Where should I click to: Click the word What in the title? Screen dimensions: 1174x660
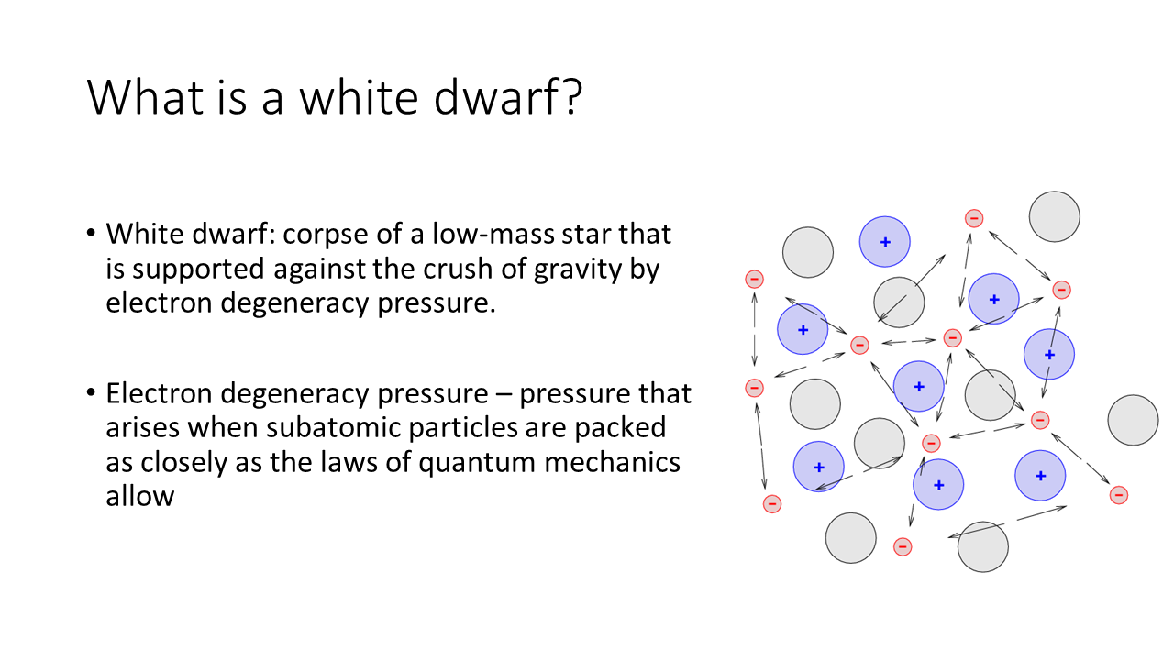tap(145, 97)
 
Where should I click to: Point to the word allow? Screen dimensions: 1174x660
tap(140, 496)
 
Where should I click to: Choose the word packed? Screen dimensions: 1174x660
tap(620, 428)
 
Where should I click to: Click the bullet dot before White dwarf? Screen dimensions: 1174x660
tap(91, 233)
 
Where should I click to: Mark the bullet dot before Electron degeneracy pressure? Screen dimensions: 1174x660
tap(91, 391)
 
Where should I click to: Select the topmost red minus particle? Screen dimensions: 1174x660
tap(974, 218)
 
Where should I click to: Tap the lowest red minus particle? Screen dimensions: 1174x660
tap(902, 547)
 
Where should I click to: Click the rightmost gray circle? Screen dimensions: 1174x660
tap(1133, 420)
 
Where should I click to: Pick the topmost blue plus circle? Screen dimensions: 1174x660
tap(884, 241)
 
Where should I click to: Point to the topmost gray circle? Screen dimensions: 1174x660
tap(1054, 216)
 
